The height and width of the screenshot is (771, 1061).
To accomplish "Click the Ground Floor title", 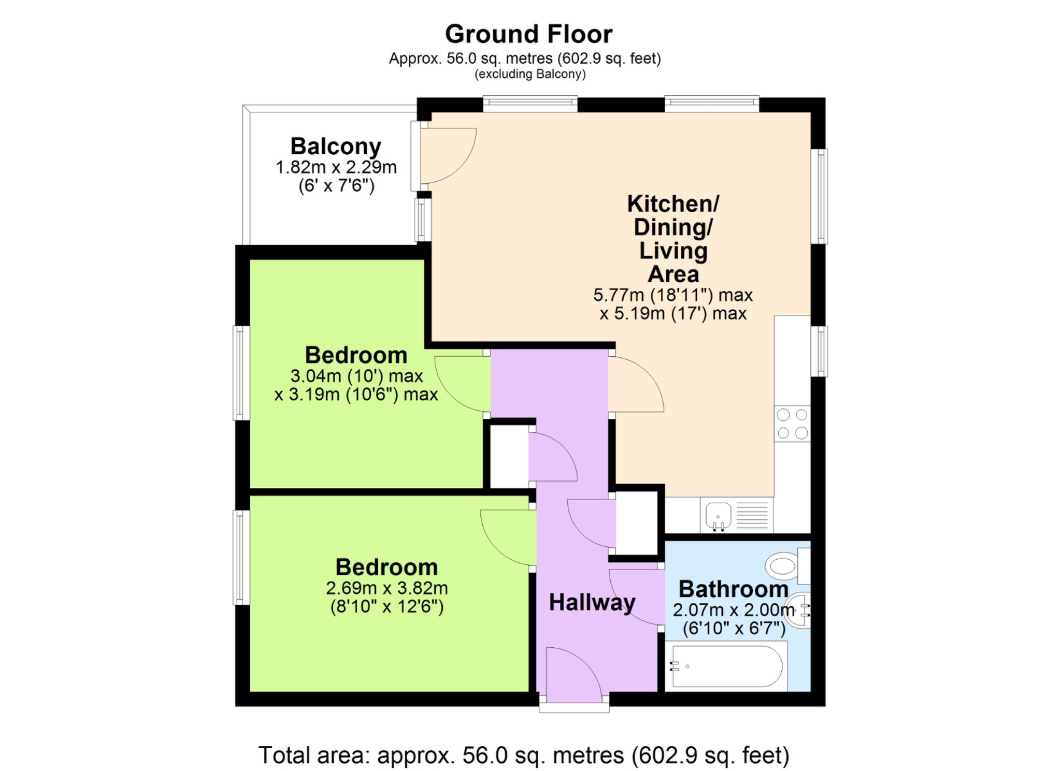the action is (x=528, y=34).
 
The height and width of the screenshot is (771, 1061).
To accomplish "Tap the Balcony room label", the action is (x=336, y=147).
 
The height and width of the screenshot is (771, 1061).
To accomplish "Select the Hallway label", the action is (x=592, y=603).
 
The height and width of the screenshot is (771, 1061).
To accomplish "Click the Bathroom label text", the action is (x=734, y=589).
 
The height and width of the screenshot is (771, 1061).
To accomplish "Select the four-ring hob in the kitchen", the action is (x=792, y=424).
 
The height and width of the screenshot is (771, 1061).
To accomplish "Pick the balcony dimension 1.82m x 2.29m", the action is (x=336, y=167).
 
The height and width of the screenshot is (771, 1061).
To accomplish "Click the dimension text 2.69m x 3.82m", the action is (x=386, y=588).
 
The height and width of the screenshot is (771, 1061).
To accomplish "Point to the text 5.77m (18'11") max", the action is (x=672, y=295).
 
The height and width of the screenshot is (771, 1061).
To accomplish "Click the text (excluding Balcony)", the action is (x=530, y=74).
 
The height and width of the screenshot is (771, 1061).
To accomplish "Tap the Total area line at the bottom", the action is (x=524, y=755).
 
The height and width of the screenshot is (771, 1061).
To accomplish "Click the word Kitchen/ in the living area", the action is (x=673, y=203).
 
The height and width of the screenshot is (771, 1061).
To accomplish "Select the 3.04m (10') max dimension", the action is (x=356, y=376).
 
